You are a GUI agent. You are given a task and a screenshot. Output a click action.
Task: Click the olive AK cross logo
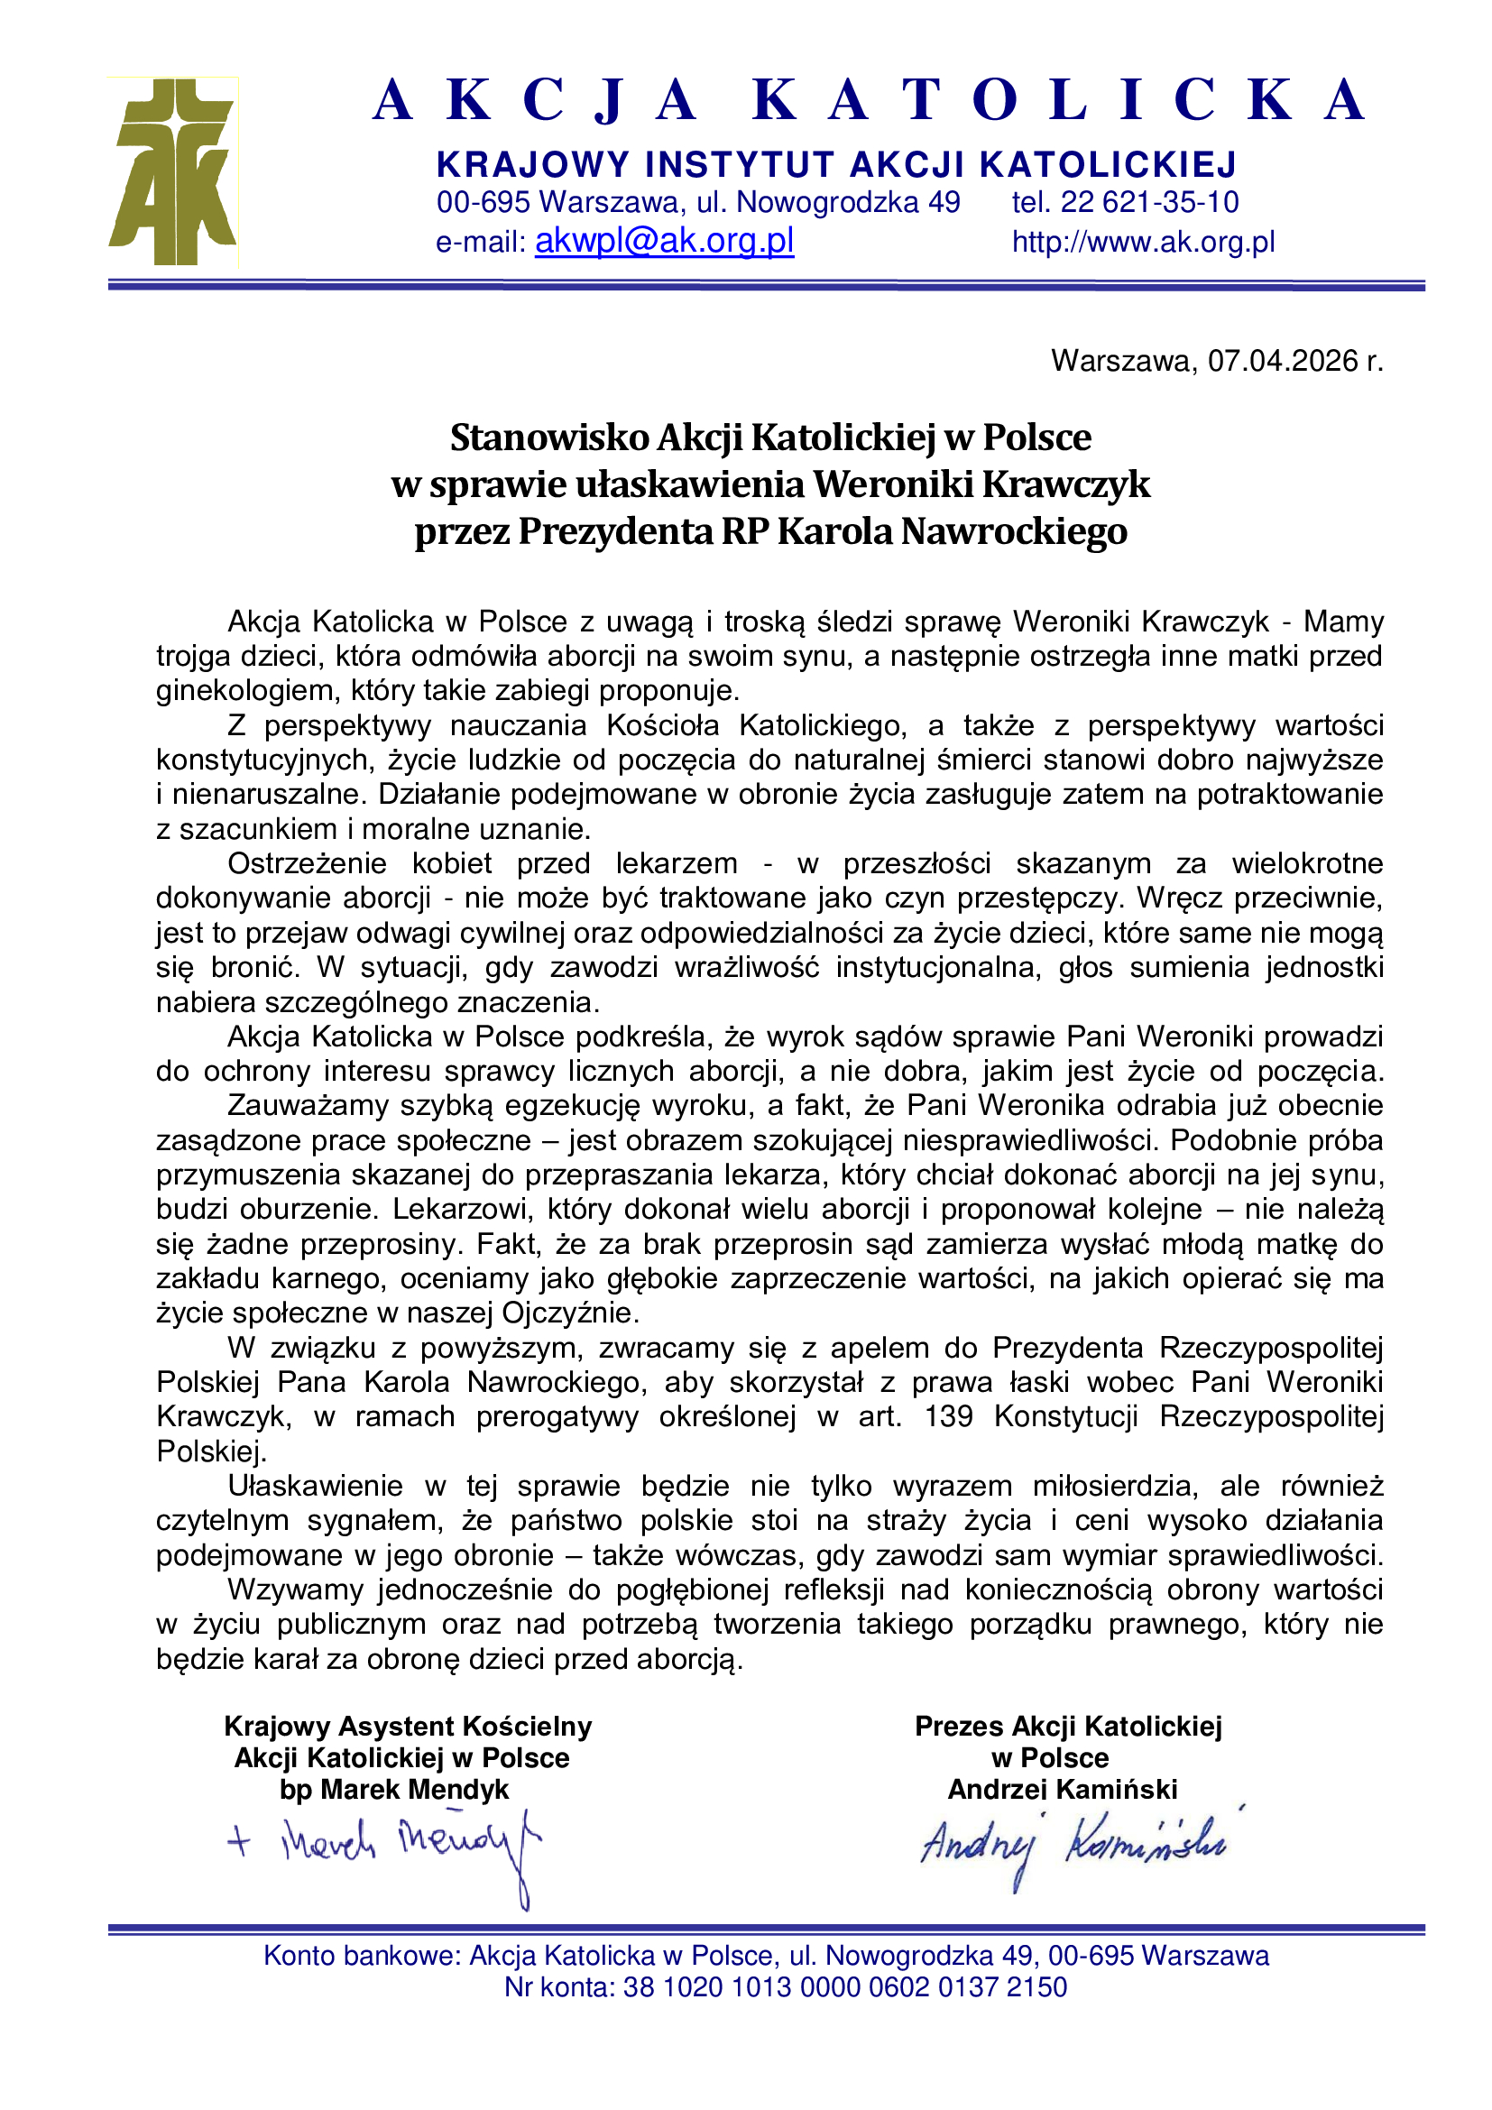(173, 173)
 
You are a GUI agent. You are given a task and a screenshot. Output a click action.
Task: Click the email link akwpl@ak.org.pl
(663, 241)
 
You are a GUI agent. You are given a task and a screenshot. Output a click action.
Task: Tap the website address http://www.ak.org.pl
(1143, 242)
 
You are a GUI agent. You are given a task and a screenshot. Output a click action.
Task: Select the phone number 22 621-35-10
(1149, 202)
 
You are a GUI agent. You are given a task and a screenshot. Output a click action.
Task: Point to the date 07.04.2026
(1283, 361)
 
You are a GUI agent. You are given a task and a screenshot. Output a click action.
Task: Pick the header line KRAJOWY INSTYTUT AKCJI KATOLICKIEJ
(836, 164)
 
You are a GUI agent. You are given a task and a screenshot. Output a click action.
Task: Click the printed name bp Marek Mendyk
(394, 1789)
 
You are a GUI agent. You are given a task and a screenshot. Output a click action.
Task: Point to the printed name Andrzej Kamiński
(1062, 1789)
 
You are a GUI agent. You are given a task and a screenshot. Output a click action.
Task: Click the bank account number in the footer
(845, 1986)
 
